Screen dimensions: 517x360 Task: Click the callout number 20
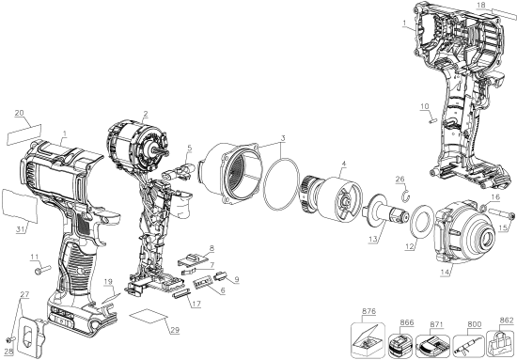tap(20, 113)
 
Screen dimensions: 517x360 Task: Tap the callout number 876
tap(368, 311)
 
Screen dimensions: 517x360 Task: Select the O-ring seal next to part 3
tap(281, 184)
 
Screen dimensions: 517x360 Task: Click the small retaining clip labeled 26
tap(406, 195)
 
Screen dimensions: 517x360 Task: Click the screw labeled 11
tap(42, 270)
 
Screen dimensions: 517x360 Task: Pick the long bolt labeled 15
tap(501, 213)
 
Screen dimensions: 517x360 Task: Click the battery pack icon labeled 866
tap(400, 345)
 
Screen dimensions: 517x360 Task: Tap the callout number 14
tap(446, 273)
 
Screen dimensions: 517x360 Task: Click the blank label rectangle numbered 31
tap(20, 206)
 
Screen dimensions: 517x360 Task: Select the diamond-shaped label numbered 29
tap(149, 316)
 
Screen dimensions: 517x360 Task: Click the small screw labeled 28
tap(11, 339)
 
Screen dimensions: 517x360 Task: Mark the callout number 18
tap(481, 5)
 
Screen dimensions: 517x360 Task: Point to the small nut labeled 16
tap(483, 208)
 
